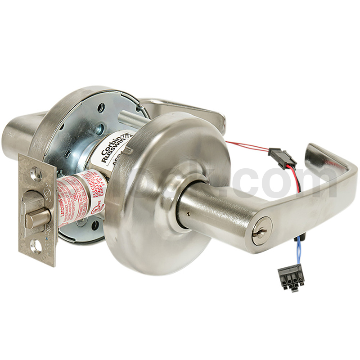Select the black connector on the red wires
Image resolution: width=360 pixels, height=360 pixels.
[x=282, y=158]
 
